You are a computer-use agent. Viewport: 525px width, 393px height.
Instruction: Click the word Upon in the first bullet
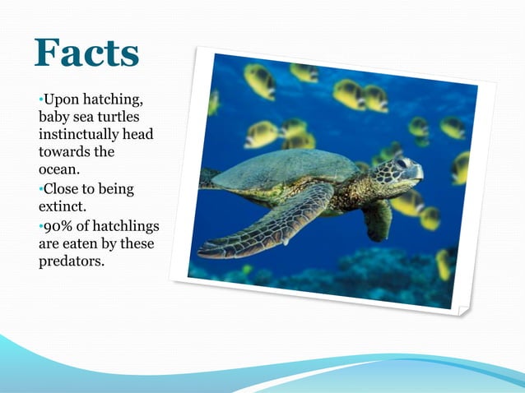coord(60,99)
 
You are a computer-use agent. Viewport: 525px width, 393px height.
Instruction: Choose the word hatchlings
coord(122,226)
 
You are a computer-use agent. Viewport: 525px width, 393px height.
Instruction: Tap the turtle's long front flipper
coord(263,226)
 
